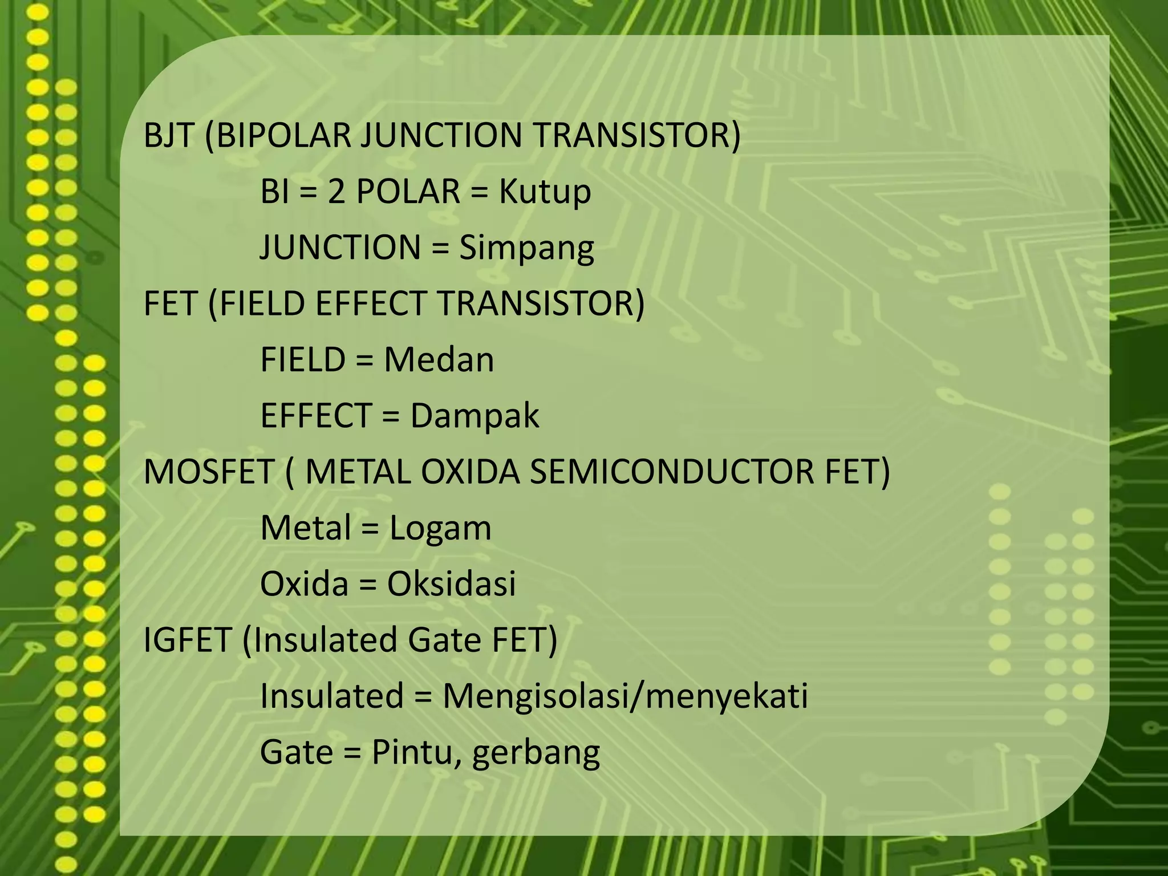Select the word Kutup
click(x=545, y=192)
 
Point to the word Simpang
click(x=526, y=248)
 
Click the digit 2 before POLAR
click(x=336, y=192)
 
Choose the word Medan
click(x=439, y=360)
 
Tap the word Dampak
click(x=474, y=416)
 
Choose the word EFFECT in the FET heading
click(x=364, y=304)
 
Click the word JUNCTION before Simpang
click(x=340, y=248)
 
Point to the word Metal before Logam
click(x=306, y=528)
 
